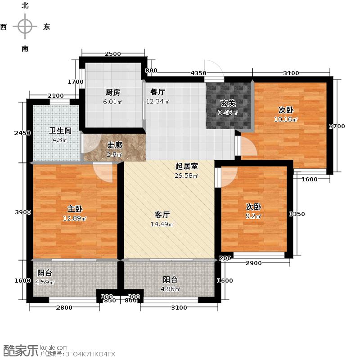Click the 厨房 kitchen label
click(113, 93)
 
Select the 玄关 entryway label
click(228, 103)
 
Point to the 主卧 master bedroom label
click(75, 209)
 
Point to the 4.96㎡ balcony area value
click(171, 289)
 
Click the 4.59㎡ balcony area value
click(45, 283)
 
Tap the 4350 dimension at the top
click(198, 73)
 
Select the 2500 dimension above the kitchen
click(112, 54)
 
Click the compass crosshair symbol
click(25, 27)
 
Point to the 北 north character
click(25, 5)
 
